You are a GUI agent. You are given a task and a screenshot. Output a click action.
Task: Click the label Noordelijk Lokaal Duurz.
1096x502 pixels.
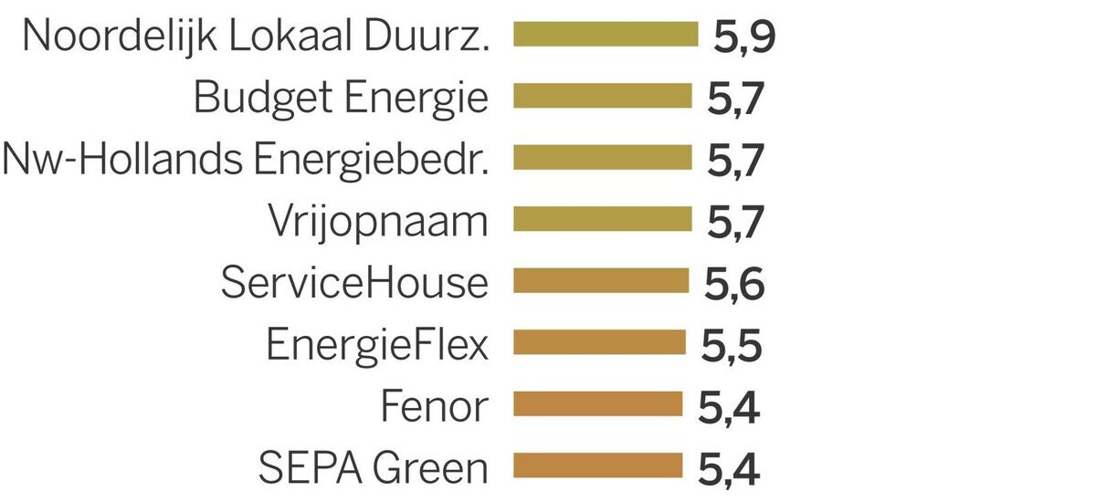[x=255, y=37]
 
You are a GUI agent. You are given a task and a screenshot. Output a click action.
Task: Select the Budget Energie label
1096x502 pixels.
[x=342, y=99]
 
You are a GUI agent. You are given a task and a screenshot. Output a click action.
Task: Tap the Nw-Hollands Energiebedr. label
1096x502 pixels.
[x=246, y=160]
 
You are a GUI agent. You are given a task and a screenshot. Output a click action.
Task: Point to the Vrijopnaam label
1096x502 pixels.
[x=378, y=221]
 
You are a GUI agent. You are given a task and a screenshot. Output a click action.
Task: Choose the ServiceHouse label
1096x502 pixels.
[x=354, y=283]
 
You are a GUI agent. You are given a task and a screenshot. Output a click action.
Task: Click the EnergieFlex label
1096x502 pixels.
[x=377, y=345]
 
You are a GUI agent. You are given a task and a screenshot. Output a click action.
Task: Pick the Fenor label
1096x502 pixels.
[x=434, y=406]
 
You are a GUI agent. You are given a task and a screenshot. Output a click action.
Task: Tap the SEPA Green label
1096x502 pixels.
[x=373, y=468]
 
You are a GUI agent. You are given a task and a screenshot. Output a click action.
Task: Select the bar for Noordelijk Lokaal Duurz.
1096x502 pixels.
[x=606, y=35]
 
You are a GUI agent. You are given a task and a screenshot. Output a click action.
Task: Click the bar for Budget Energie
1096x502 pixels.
[x=603, y=96]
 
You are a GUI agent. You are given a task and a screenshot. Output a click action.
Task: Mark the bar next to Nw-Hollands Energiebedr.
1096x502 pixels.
[x=603, y=157]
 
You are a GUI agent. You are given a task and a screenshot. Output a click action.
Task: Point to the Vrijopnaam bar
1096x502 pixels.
[x=603, y=219]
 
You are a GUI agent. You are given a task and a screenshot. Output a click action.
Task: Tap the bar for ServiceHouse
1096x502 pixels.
[x=601, y=280]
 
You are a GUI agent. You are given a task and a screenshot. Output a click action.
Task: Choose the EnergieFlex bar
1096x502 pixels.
[x=599, y=342]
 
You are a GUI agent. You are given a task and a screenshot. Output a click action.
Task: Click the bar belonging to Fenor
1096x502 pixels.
[x=597, y=403]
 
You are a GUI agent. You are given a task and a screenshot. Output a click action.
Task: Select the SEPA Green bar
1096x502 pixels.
[x=597, y=465]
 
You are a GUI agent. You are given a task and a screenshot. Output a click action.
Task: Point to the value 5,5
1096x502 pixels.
[x=731, y=347]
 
